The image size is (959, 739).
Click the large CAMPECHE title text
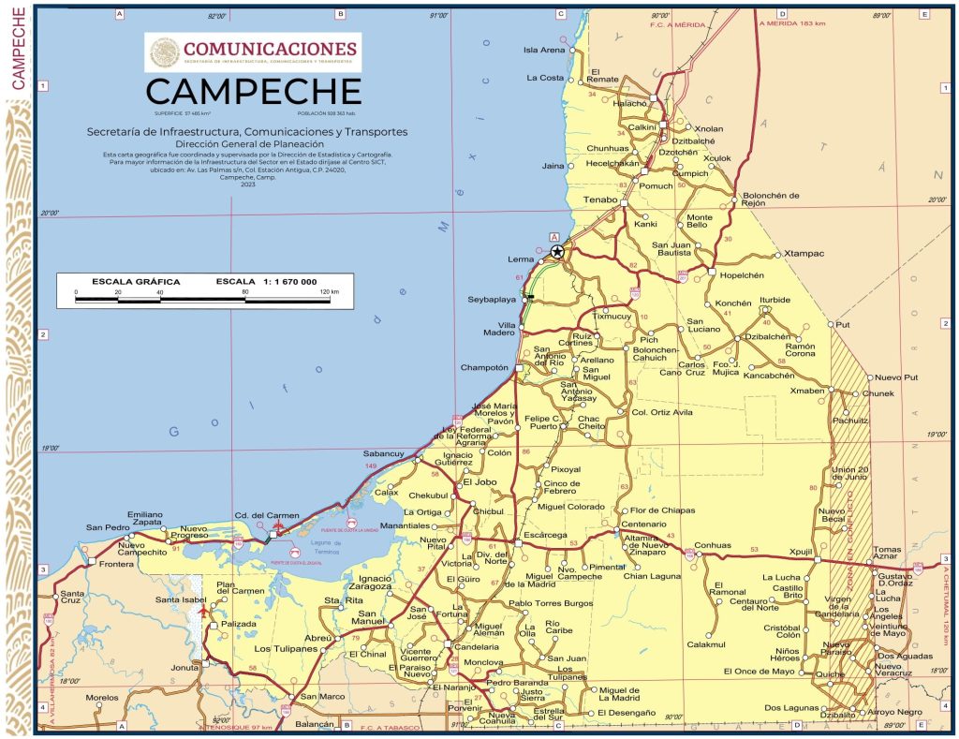tap(253, 92)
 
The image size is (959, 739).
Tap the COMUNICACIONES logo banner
tap(253, 52)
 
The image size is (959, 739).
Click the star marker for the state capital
tap(557, 251)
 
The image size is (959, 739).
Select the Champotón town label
tap(483, 368)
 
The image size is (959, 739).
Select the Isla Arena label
tap(544, 50)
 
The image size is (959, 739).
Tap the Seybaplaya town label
tap(492, 300)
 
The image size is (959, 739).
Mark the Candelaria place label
tap(477, 647)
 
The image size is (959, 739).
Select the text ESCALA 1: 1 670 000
tap(266, 282)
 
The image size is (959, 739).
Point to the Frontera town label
tap(116, 566)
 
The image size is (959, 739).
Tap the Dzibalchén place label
tap(767, 336)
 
